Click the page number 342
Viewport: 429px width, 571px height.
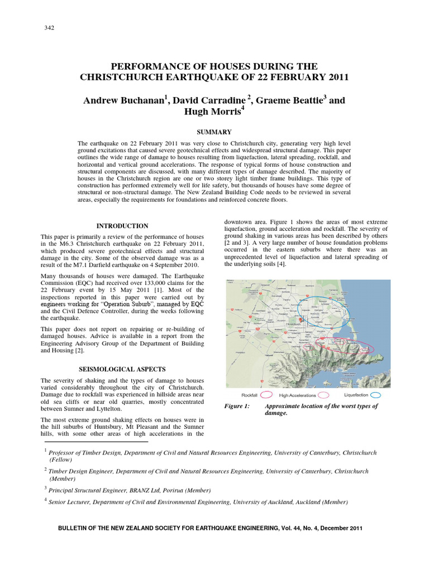(x=49, y=28)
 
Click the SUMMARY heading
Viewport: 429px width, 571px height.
(x=214, y=132)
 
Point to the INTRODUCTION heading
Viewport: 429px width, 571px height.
(x=122, y=226)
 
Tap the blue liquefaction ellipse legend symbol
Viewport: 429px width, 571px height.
(x=376, y=395)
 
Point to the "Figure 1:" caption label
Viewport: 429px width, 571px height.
(x=237, y=406)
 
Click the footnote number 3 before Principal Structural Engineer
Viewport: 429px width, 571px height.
(x=45, y=488)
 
